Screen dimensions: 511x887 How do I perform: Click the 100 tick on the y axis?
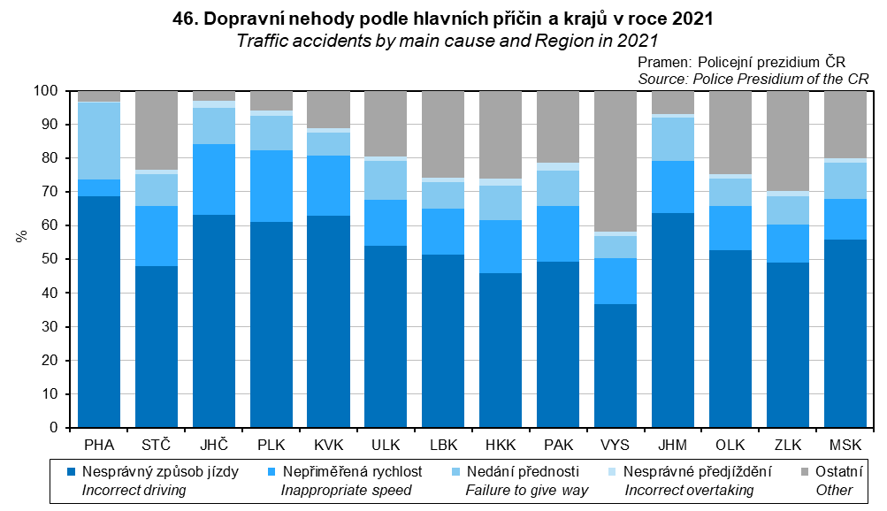pyautogui.click(x=46, y=91)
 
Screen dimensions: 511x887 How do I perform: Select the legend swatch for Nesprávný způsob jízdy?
pyautogui.click(x=72, y=472)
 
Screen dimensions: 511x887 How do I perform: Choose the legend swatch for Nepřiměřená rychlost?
pyautogui.click(x=271, y=472)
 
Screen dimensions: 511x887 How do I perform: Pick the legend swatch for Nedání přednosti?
pyautogui.click(x=455, y=472)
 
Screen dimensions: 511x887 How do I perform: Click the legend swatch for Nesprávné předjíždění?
pyautogui.click(x=615, y=472)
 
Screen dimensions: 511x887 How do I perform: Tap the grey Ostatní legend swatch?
pyautogui.click(x=805, y=472)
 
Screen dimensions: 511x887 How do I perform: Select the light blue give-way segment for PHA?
pyautogui.click(x=99, y=141)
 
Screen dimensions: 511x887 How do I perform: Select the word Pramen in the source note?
pyautogui.click(x=663, y=63)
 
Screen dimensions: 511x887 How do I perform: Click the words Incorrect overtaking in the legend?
pyautogui.click(x=690, y=490)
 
